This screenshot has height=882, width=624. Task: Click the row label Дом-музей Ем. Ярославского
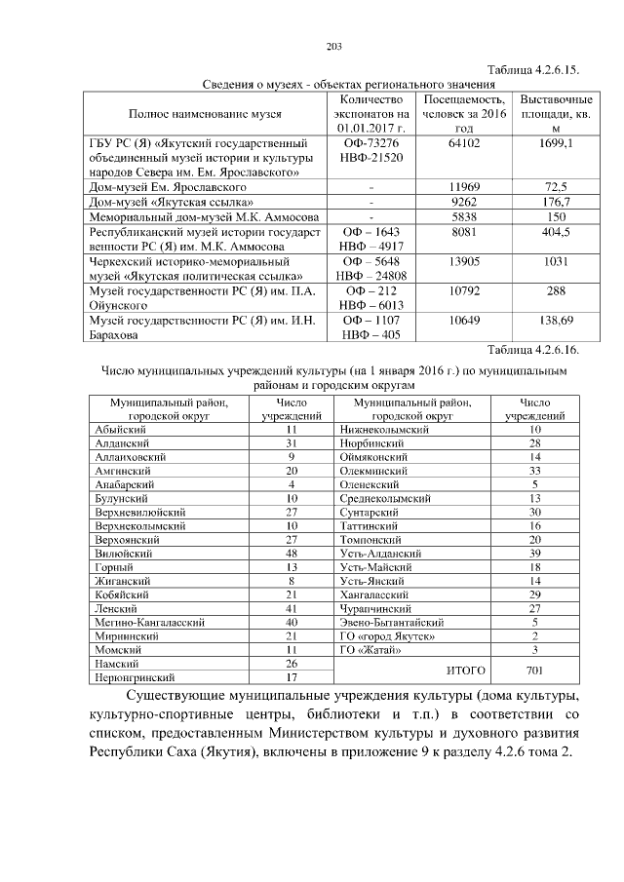pyautogui.click(x=167, y=186)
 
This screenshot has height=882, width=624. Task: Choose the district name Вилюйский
pyautogui.click(x=117, y=552)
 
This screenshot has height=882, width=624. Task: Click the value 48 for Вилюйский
pyautogui.click(x=291, y=552)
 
